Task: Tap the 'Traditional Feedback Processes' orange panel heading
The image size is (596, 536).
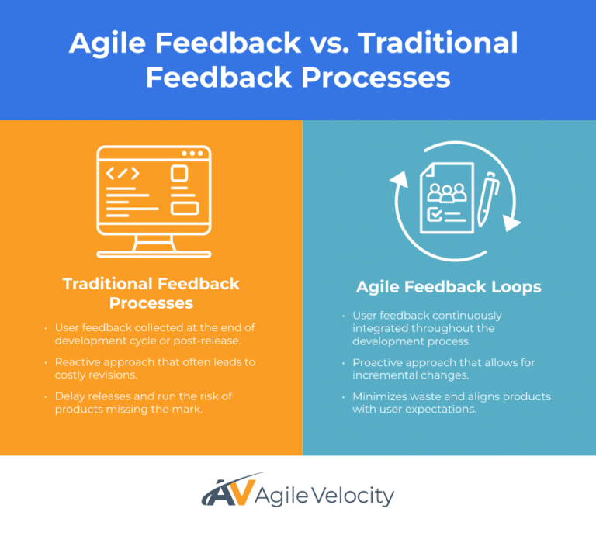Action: pyautogui.click(x=151, y=292)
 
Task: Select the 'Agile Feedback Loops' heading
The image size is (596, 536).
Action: pyautogui.click(x=449, y=286)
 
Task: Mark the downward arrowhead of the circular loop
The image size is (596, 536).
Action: pyautogui.click(x=511, y=222)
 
